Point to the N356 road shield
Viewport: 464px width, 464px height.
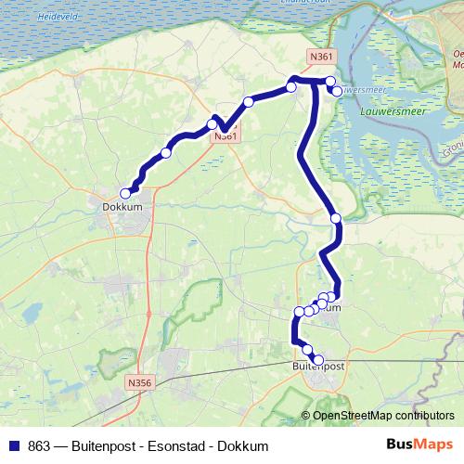[x=138, y=382]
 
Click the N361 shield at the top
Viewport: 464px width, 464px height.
[x=321, y=58]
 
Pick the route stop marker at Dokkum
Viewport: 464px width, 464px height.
[x=126, y=193]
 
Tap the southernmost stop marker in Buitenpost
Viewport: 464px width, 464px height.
[x=318, y=359]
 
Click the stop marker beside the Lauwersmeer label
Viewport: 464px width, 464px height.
[x=336, y=91]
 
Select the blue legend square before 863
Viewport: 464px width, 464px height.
[x=13, y=445]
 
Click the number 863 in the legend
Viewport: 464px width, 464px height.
[x=40, y=445]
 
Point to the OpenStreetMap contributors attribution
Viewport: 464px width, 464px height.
[x=382, y=415]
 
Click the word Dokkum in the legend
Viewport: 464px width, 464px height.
[x=242, y=445]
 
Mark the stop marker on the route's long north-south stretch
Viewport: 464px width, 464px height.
[x=336, y=218]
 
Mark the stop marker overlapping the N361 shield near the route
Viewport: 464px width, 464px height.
[x=213, y=124]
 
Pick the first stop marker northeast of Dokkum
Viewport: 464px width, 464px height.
[x=166, y=153]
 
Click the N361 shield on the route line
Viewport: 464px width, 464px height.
[x=225, y=136]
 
